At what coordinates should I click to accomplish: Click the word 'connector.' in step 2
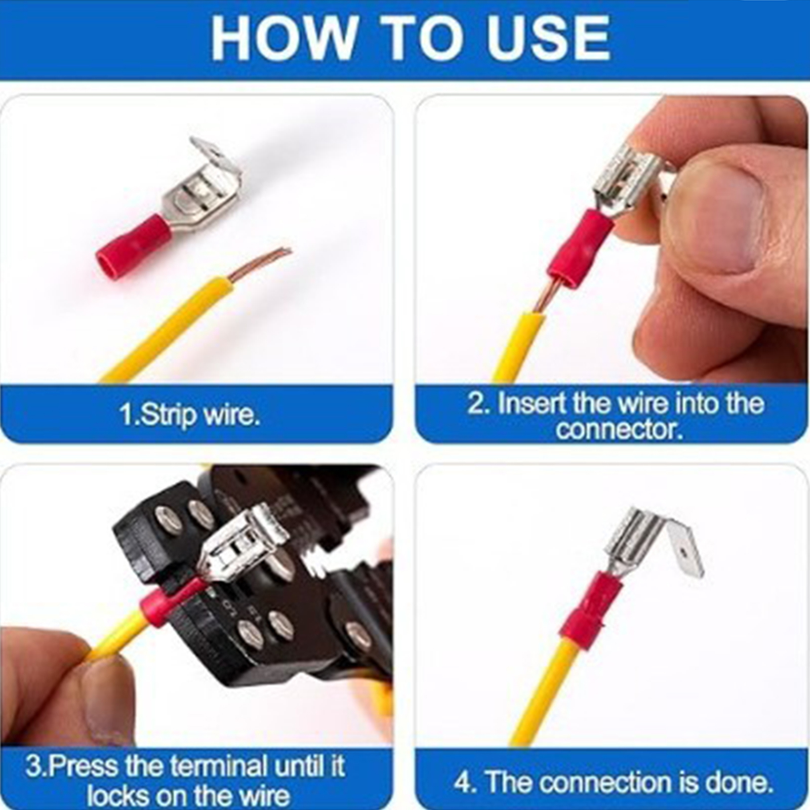620,429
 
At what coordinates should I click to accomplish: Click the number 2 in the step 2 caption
475,403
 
